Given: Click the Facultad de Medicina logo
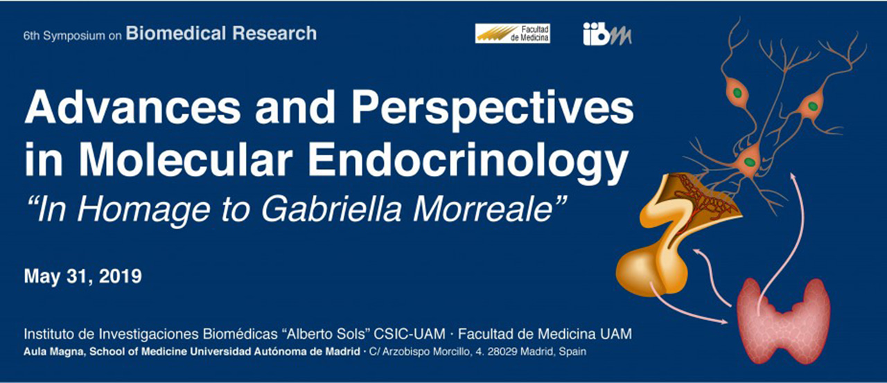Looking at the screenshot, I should point(512,33).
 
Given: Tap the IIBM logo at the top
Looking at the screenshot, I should point(607,33).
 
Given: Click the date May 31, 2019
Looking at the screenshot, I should point(82,277).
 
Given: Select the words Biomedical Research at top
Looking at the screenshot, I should point(221,33).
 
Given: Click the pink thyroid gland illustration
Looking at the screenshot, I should point(784,319).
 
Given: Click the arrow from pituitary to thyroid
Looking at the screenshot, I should point(693,310).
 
